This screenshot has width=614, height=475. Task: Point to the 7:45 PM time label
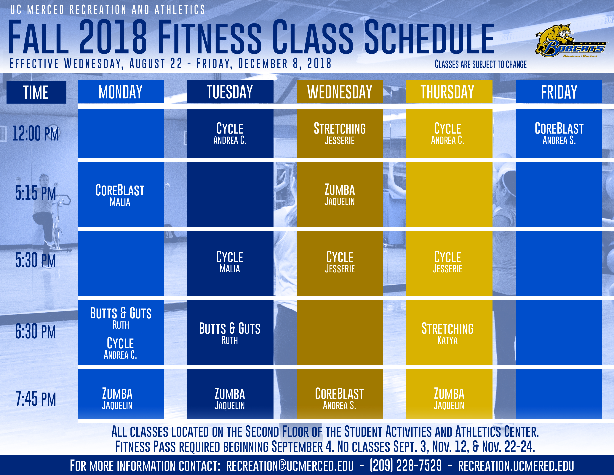[x=36, y=399]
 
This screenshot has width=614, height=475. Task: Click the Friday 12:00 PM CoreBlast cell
[x=559, y=133]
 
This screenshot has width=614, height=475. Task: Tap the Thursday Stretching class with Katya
[x=449, y=333]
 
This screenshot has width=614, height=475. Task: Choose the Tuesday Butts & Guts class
[x=230, y=333]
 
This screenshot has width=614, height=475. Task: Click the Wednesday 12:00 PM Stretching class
[x=340, y=133]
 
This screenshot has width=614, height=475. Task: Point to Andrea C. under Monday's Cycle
[x=120, y=355]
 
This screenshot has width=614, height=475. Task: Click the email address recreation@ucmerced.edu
[x=290, y=465]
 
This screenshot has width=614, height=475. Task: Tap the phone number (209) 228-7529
[x=406, y=465]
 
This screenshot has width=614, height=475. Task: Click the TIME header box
[x=36, y=92]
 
